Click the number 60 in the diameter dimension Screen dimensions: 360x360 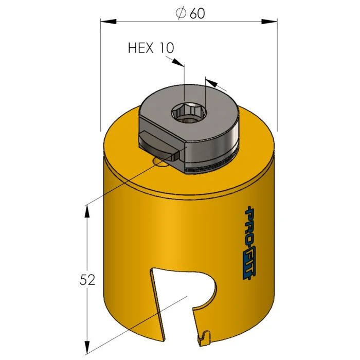click(197, 14)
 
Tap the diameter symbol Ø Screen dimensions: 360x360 click(181, 14)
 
